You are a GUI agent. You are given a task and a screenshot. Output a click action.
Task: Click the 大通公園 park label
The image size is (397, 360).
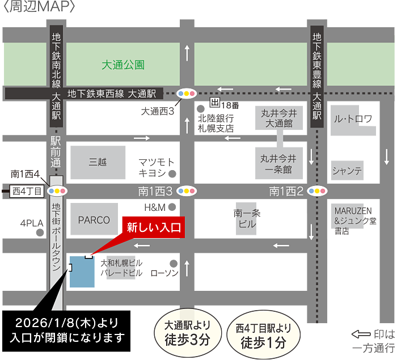click(x=123, y=65)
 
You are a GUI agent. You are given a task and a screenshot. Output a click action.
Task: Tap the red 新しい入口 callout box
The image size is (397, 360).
click(x=153, y=228)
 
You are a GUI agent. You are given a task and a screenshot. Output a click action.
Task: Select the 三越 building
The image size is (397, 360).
click(x=98, y=162)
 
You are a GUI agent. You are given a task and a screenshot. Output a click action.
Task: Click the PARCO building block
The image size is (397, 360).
click(x=94, y=219)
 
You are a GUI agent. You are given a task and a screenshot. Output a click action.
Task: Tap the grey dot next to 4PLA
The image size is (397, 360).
click(x=39, y=232)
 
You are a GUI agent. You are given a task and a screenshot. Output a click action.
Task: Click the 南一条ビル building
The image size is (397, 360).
click(x=247, y=218)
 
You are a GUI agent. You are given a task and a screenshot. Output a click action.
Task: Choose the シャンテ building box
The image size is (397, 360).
click(x=348, y=170)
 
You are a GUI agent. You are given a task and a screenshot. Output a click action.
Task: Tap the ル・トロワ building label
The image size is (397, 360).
click(x=353, y=120)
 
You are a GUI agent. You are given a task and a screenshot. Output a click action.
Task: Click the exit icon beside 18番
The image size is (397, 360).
click(x=215, y=103)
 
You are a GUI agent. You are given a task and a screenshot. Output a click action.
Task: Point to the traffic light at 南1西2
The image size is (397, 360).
click(x=316, y=191)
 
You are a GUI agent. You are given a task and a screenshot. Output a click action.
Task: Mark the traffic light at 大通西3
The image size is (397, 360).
click(x=186, y=93)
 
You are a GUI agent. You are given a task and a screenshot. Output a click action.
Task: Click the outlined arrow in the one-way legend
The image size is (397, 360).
click(x=362, y=334)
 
